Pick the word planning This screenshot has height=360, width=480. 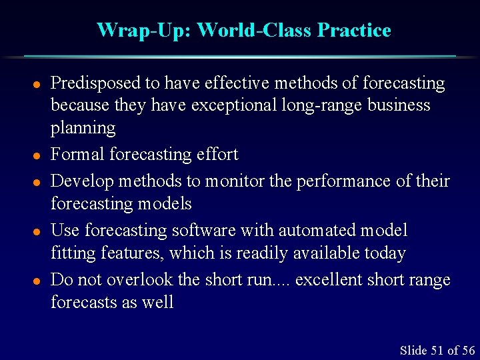click(83, 127)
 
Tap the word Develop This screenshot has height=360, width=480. click(81, 181)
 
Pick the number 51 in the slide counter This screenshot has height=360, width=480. click(437, 351)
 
